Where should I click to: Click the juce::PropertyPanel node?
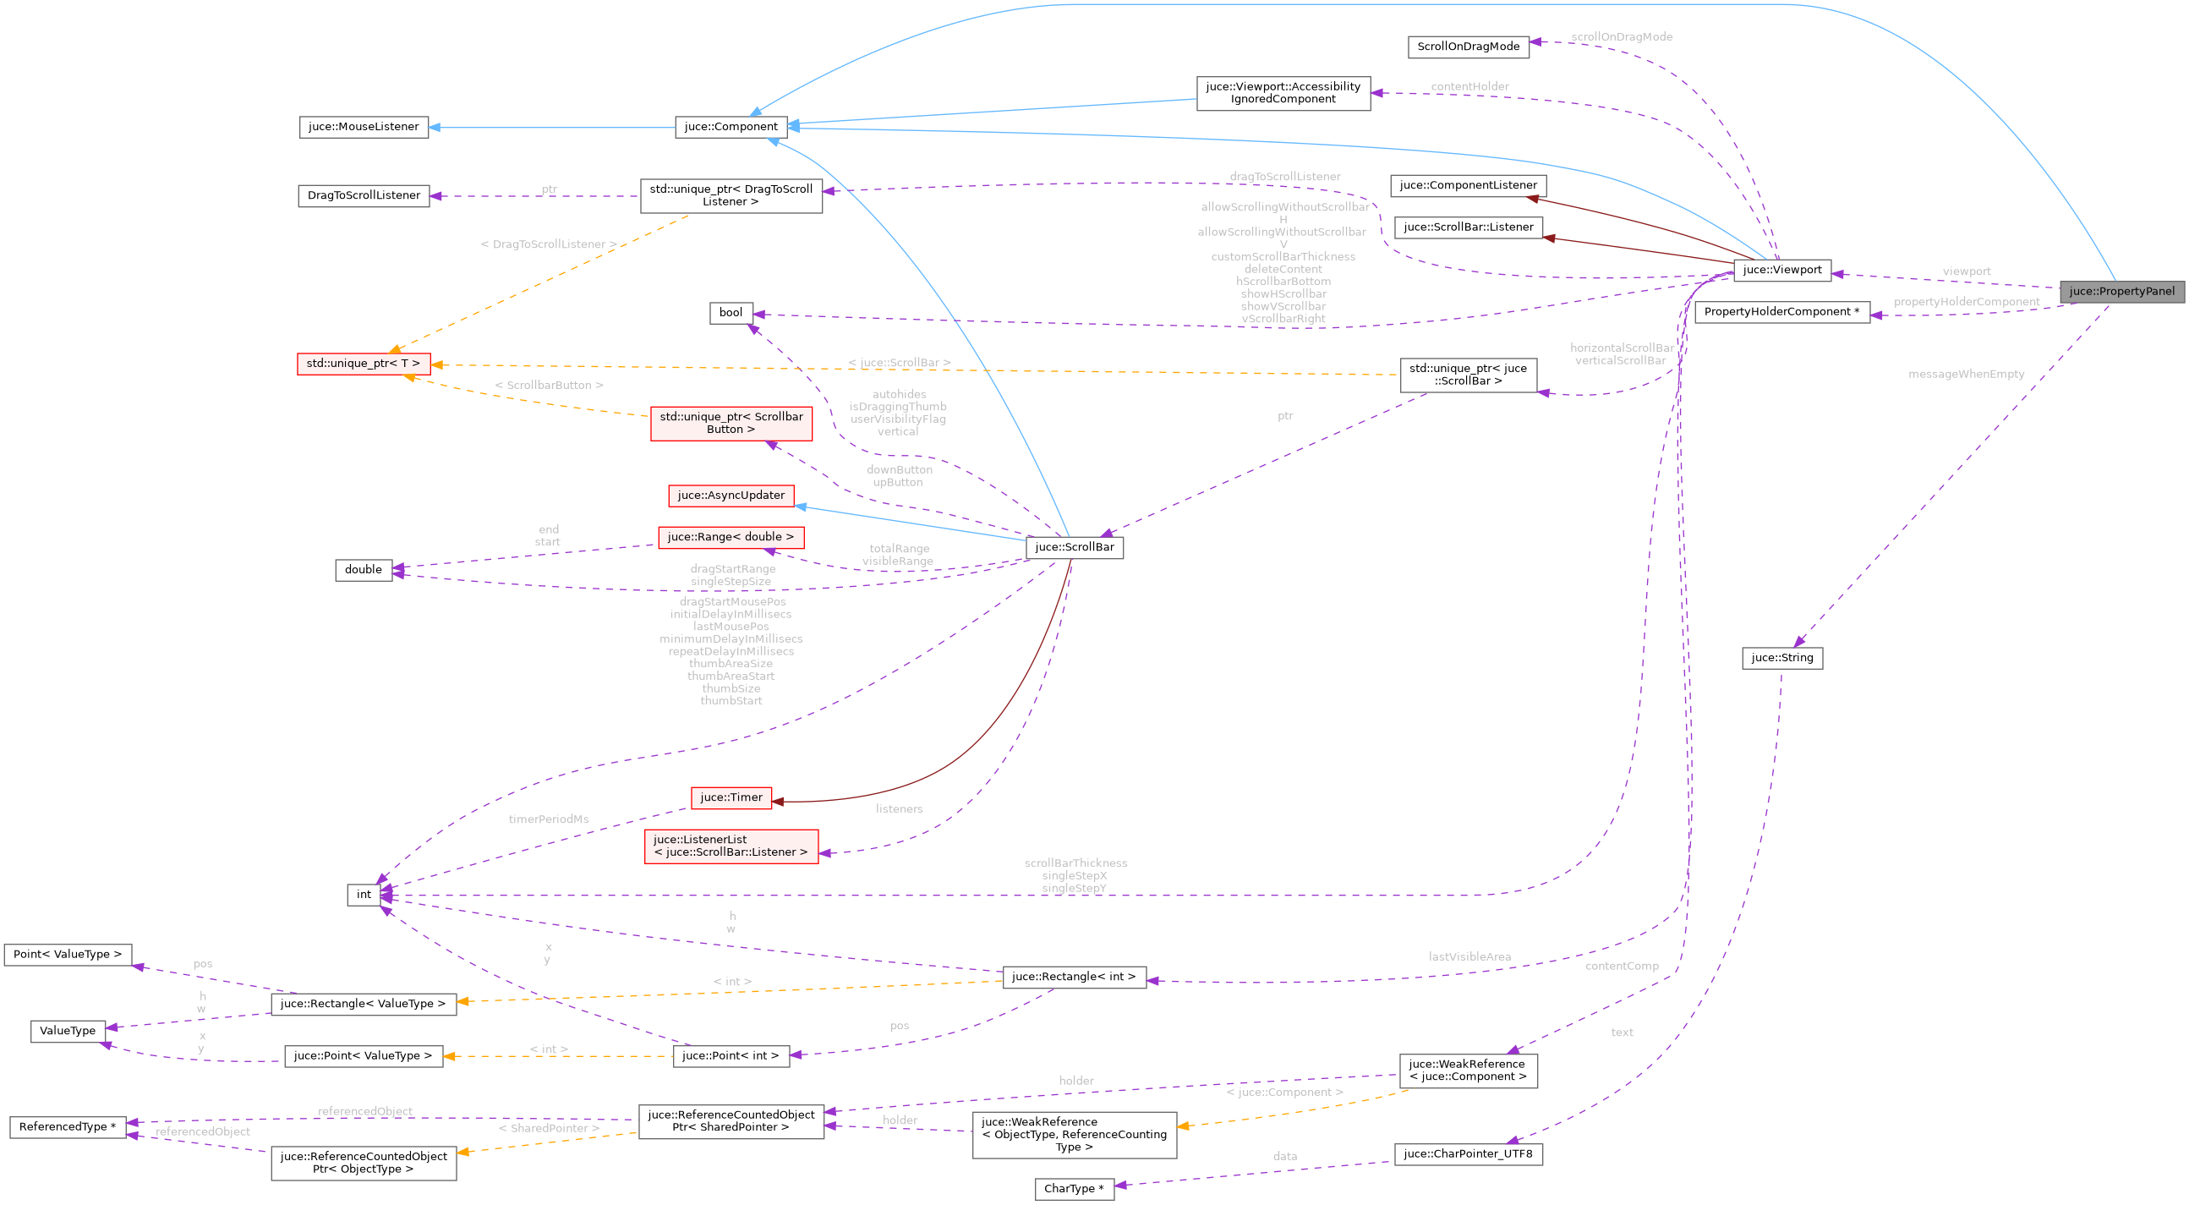(x=2121, y=292)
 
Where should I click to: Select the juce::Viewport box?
(x=1781, y=271)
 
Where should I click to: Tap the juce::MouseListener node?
(x=363, y=127)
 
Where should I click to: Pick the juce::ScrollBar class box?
(x=1074, y=547)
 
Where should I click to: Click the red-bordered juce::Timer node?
(x=731, y=797)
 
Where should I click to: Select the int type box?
(x=364, y=894)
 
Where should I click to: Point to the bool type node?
(x=731, y=313)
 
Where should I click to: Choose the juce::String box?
(x=1782, y=658)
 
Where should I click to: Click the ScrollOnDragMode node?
(x=1468, y=47)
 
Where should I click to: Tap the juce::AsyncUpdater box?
(x=731, y=496)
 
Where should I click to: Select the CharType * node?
(x=1073, y=1188)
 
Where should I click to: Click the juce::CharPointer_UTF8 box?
(x=1468, y=1153)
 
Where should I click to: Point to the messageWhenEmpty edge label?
(x=1966, y=374)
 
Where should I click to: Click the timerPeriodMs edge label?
(x=548, y=819)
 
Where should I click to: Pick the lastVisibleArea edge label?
(x=1469, y=957)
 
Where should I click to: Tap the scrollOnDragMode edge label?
(x=1621, y=36)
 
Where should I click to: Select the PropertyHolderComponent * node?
(x=1781, y=312)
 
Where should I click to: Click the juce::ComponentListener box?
(x=1468, y=185)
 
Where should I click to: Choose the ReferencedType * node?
(x=67, y=1127)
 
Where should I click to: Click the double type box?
(x=363, y=569)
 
